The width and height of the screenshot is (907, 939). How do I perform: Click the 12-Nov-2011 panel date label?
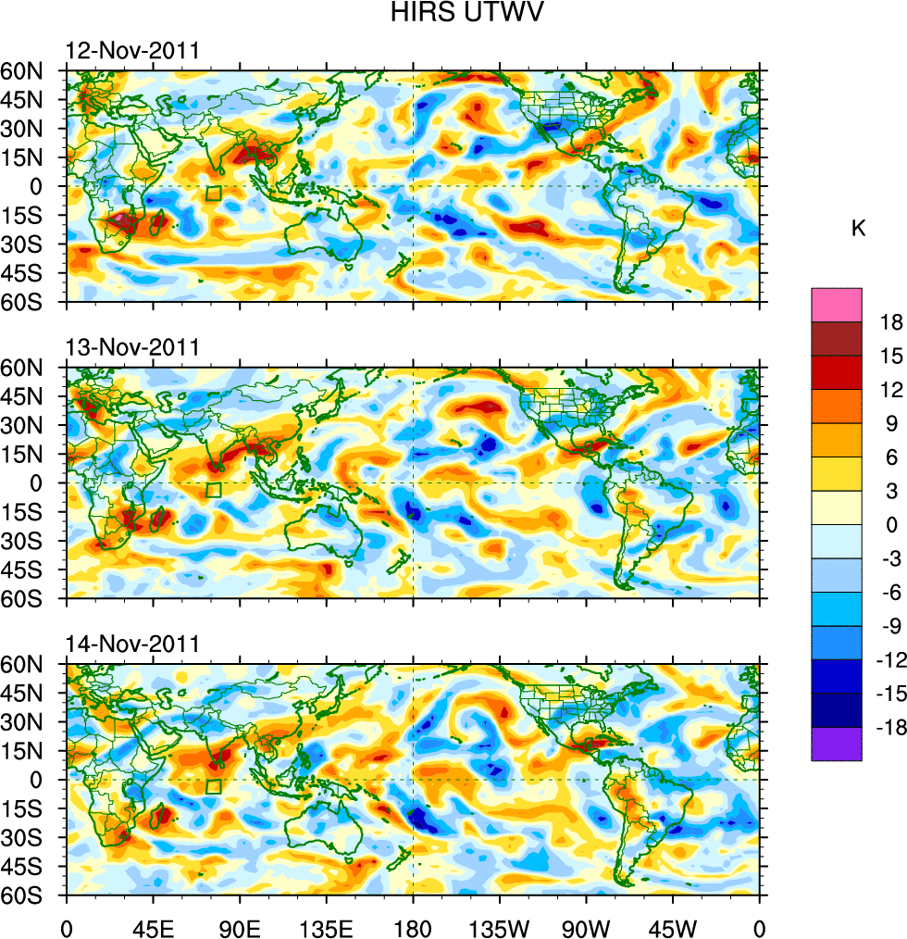[x=132, y=51]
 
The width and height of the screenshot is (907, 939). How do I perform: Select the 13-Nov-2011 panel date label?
[x=132, y=347]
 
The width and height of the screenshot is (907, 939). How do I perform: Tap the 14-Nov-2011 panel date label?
[x=132, y=644]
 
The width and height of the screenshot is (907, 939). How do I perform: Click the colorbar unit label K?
[x=858, y=228]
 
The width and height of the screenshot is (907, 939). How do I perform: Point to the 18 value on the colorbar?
[x=891, y=322]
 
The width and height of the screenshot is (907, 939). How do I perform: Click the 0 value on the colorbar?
[x=891, y=524]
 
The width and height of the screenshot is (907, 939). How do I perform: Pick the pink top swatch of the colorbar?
[x=836, y=305]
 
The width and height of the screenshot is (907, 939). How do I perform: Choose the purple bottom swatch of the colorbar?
[x=836, y=744]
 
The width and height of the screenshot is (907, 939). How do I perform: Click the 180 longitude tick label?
[x=413, y=926]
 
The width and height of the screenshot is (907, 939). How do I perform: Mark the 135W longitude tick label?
[x=499, y=926]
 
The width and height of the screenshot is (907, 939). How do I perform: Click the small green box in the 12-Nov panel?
[x=214, y=194]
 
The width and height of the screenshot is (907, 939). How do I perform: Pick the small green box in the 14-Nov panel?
[x=214, y=786]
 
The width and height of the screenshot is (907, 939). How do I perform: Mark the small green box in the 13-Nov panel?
[x=214, y=490]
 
